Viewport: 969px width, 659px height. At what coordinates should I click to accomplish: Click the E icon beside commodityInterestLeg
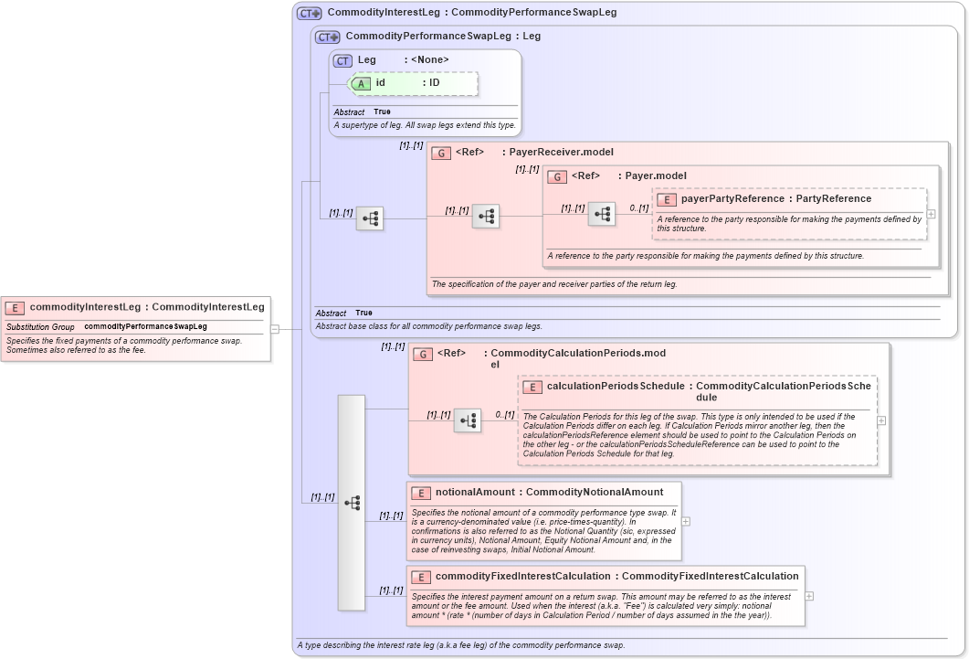coord(15,308)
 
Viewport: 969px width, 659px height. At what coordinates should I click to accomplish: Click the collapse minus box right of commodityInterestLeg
coord(274,329)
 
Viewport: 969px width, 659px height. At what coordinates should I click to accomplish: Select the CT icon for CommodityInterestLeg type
coord(310,13)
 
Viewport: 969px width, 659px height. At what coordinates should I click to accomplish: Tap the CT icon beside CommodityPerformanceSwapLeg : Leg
coord(328,37)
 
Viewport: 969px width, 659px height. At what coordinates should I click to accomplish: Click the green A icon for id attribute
coord(361,83)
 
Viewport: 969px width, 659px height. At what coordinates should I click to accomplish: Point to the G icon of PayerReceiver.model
coord(441,153)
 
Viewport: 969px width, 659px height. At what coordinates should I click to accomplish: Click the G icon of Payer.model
coord(557,176)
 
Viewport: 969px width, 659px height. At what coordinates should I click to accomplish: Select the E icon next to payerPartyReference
coord(667,199)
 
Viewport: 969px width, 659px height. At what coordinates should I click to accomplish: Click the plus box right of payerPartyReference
coord(931,214)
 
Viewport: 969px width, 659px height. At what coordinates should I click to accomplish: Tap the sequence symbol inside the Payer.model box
coord(601,215)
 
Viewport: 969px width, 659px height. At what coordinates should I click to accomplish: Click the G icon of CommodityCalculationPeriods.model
coord(423,354)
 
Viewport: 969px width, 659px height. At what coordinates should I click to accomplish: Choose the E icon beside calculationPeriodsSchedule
coord(532,387)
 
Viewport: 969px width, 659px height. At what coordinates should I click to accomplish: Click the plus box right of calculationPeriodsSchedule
coord(881,421)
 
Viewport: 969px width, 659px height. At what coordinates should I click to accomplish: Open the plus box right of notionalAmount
coord(686,521)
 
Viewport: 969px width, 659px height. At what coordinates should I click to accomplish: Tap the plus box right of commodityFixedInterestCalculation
coord(809,596)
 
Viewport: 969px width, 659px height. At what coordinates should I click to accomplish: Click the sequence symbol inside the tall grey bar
coord(352,503)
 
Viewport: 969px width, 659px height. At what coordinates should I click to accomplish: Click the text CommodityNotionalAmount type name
coord(594,493)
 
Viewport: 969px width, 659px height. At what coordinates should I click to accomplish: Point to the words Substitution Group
coord(40,326)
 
